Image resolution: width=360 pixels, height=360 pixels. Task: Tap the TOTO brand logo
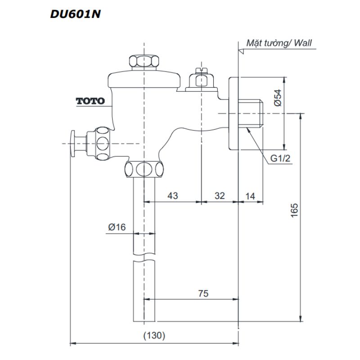[90, 101]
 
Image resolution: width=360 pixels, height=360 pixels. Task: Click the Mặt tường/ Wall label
[279, 44]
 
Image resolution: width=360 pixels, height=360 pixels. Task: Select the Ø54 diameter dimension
[278, 98]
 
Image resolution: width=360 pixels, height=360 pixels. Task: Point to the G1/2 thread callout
[280, 158]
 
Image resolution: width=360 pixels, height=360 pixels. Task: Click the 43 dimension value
[172, 195]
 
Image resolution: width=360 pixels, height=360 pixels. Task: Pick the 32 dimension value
[219, 195]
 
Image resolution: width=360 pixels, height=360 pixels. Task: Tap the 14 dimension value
[251, 195]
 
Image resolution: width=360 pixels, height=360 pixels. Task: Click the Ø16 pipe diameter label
[117, 227]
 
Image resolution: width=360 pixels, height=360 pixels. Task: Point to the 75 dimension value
[203, 293]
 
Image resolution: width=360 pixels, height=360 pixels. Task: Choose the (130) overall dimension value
[154, 335]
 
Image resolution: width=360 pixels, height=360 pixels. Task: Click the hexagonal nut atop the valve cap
[144, 62]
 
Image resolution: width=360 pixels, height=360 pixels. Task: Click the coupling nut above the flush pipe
[144, 169]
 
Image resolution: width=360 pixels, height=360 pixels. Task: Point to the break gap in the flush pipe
[144, 259]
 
